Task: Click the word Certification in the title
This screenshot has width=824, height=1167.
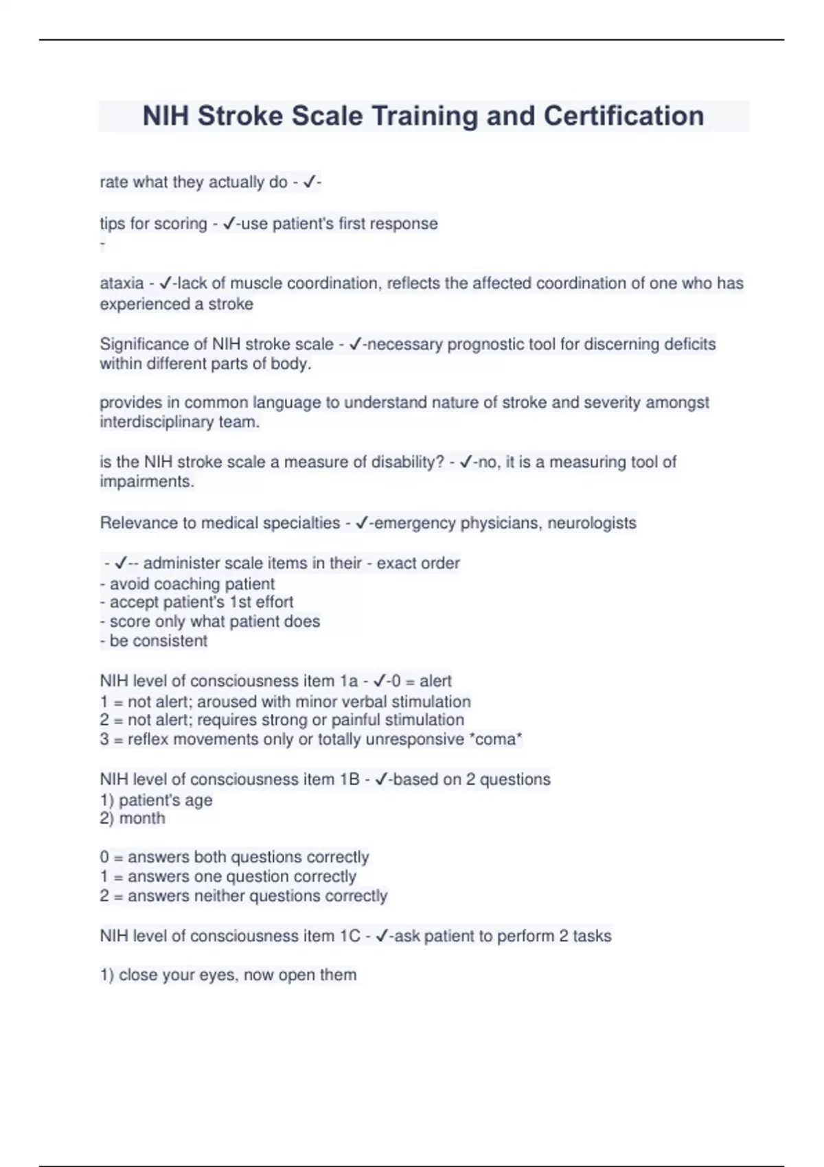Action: point(623,116)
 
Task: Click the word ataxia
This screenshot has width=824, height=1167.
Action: point(122,284)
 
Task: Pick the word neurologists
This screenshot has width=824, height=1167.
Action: point(591,523)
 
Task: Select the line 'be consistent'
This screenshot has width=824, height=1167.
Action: point(154,641)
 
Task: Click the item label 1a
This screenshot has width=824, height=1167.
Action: point(348,681)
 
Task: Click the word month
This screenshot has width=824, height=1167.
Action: point(142,818)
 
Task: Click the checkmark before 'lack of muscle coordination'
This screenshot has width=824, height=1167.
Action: point(165,284)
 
